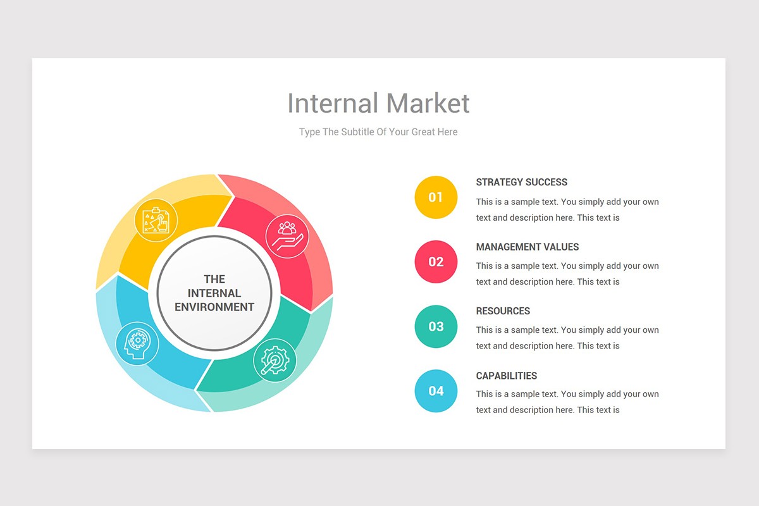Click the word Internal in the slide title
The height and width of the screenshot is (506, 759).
click(333, 104)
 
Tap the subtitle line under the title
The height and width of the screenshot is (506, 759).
click(378, 132)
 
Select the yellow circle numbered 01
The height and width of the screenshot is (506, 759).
click(436, 197)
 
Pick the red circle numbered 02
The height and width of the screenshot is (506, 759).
click(436, 262)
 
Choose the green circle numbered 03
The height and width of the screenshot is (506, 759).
click(436, 326)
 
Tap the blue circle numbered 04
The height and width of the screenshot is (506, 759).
click(436, 391)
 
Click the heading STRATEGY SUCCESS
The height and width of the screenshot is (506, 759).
click(521, 182)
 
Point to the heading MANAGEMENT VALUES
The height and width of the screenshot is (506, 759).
click(527, 247)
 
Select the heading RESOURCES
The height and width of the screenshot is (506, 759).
click(503, 311)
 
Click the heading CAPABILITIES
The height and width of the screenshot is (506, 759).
click(506, 376)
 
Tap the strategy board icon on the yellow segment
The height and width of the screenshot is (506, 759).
click(156, 220)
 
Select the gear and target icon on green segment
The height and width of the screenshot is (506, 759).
click(275, 361)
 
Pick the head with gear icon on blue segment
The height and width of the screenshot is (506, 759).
click(137, 343)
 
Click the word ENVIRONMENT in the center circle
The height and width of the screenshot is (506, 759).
click(214, 307)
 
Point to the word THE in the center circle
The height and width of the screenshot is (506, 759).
click(214, 279)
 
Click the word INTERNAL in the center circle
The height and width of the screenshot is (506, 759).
click(214, 293)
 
